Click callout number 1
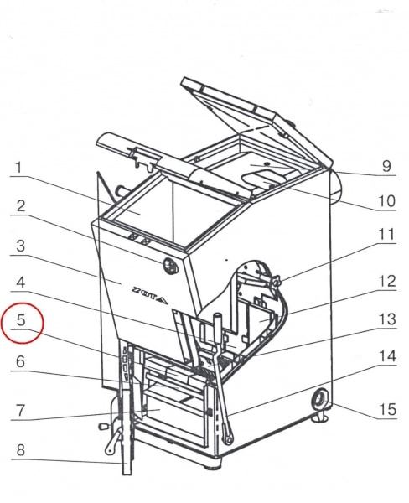[19, 168]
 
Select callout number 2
[20, 206]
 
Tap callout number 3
[20, 246]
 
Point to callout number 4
[20, 283]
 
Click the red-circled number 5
[21, 320]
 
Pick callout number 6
[20, 362]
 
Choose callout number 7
[20, 410]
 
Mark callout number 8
[20, 450]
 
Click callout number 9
[386, 166]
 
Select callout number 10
[387, 201]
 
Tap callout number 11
[386, 235]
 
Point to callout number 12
[387, 282]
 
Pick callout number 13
[387, 319]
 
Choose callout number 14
[387, 356]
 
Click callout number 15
[387, 410]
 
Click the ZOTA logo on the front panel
[150, 295]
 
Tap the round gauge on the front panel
[171, 266]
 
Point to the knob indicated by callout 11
[276, 282]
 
